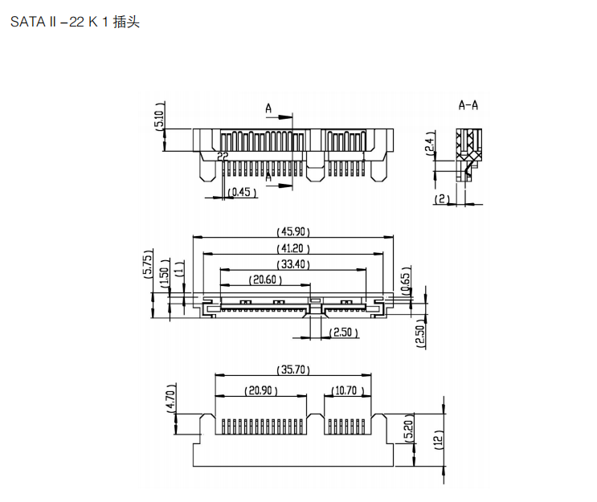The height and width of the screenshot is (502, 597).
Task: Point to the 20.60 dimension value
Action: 264,280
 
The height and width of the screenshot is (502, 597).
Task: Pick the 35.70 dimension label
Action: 292,370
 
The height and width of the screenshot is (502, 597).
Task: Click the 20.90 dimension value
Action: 260,390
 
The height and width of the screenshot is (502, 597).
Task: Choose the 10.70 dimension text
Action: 347,390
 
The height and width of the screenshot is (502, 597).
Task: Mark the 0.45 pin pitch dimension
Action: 240,192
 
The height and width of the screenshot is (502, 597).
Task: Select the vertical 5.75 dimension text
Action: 148,263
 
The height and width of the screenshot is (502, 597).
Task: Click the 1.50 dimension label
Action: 165,273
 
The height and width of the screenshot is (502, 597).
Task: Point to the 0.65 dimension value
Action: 406,280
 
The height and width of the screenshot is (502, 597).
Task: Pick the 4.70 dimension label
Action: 170,398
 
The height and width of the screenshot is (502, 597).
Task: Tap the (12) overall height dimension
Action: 439,439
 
